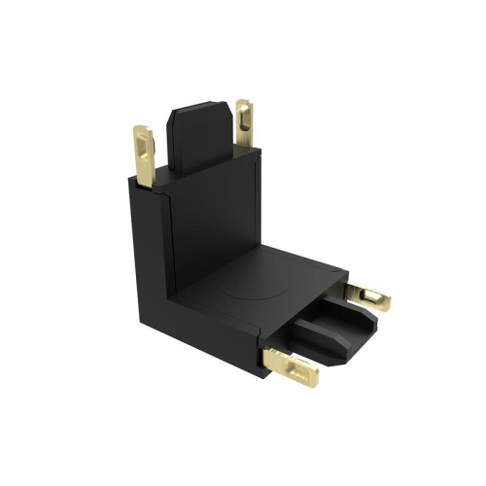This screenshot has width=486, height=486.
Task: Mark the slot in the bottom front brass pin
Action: (296, 366)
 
